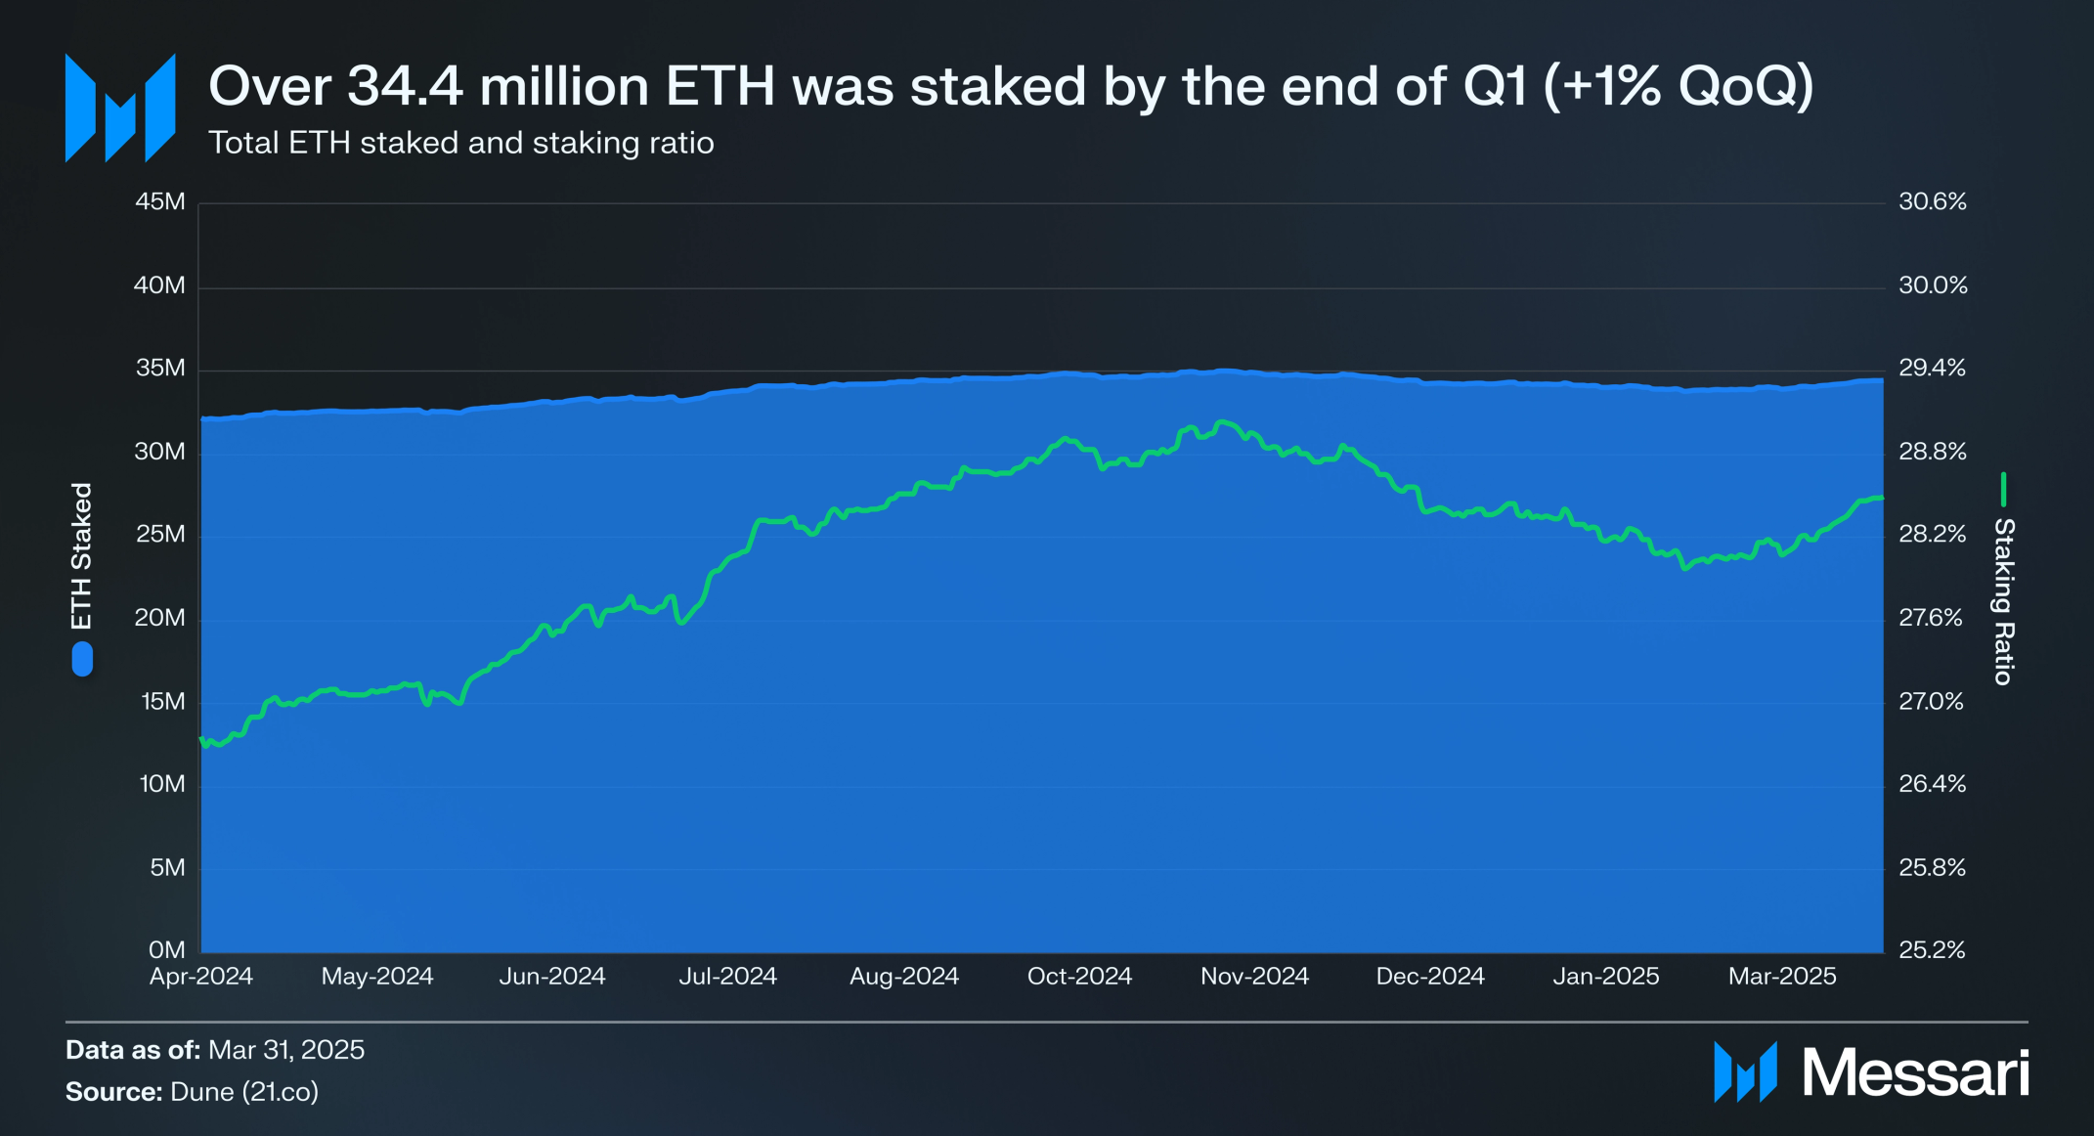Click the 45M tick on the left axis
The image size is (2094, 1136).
click(x=160, y=202)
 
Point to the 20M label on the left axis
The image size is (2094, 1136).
click(x=160, y=618)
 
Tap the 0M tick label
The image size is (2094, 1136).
click(x=167, y=950)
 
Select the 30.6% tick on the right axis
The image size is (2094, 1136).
click(x=1933, y=202)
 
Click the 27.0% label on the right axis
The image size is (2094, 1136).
click(x=1931, y=701)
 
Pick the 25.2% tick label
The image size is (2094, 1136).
click(x=1932, y=950)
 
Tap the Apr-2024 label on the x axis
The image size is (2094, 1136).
click(x=201, y=976)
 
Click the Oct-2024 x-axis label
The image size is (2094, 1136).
click(x=1079, y=976)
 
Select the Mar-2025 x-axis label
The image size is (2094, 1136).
click(x=1782, y=976)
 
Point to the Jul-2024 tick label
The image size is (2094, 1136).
click(x=728, y=976)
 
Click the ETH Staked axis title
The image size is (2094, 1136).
click(x=81, y=555)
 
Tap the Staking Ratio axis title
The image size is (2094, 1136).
click(x=2004, y=601)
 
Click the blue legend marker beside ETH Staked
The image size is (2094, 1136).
click(x=82, y=659)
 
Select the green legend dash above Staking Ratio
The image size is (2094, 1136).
click(x=2003, y=490)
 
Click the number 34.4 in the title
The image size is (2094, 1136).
click(x=405, y=86)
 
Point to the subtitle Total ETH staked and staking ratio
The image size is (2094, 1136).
click(x=461, y=143)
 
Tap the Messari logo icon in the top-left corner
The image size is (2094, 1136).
click(x=120, y=108)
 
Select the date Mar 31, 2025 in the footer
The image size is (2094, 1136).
click(x=286, y=1050)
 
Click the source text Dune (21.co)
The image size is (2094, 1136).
click(x=244, y=1092)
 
